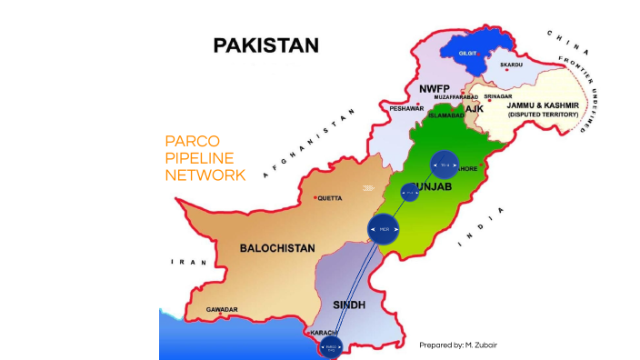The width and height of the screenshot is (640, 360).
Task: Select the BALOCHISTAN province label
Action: point(277,247)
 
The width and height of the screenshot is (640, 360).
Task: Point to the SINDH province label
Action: point(349,305)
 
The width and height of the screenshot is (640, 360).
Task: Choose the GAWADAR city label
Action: point(222,310)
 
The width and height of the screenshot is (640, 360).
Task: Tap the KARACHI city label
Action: point(325,333)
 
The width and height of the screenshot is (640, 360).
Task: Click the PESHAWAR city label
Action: point(406,107)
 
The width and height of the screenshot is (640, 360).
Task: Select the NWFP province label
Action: point(435,88)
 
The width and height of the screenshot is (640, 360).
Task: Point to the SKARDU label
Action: point(511,65)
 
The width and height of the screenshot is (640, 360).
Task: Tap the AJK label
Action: point(474,109)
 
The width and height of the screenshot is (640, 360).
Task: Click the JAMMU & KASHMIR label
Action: point(543,105)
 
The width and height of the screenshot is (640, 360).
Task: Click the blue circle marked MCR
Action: point(385,229)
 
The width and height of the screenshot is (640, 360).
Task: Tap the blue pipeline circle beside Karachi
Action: point(331,347)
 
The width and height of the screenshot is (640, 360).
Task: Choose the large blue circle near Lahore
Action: point(445,165)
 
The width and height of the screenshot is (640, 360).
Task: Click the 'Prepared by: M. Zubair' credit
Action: point(458,345)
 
